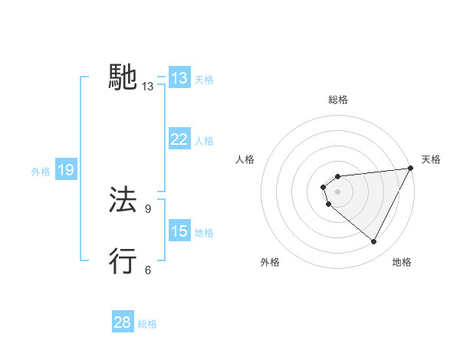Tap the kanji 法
tap(123, 200)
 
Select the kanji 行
tap(123, 261)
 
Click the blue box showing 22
tap(179, 139)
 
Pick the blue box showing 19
tap(66, 170)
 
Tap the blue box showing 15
tap(179, 231)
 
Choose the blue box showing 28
tap(123, 322)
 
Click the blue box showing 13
tap(179, 78)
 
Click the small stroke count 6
tap(148, 270)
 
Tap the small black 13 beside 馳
tap(148, 87)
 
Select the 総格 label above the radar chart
tap(338, 100)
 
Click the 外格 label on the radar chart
tap(270, 263)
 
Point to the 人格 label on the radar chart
tap(245, 159)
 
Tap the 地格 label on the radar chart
tap(402, 263)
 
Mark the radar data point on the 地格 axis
tap(374, 242)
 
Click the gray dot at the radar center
tap(338, 191)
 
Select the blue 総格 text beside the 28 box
tap(147, 324)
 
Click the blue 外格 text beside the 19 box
tap(41, 172)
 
